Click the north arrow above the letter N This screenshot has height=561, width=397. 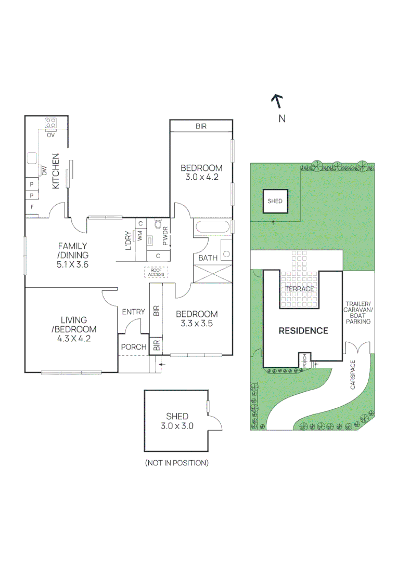pos(277,100)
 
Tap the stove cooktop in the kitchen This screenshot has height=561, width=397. pos(51,123)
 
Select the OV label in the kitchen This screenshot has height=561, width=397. pos(50,135)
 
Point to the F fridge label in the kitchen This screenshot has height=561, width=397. pos(32,207)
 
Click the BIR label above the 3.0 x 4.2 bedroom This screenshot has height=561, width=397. pos(201,126)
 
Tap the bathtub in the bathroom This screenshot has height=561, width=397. pos(211,228)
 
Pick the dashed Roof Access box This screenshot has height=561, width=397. pos(156,272)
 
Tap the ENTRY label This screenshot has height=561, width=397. pos(134,312)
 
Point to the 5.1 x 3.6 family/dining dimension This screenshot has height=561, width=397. pos(73,264)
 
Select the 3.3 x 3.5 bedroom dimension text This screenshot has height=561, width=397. pos(196,323)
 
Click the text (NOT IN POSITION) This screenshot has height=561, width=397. pos(176,462)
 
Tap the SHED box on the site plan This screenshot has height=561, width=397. pos(275,201)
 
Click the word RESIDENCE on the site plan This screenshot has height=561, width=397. pos(303,330)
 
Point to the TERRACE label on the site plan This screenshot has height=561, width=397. pos(299,289)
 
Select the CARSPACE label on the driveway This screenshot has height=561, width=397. pos(353,375)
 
